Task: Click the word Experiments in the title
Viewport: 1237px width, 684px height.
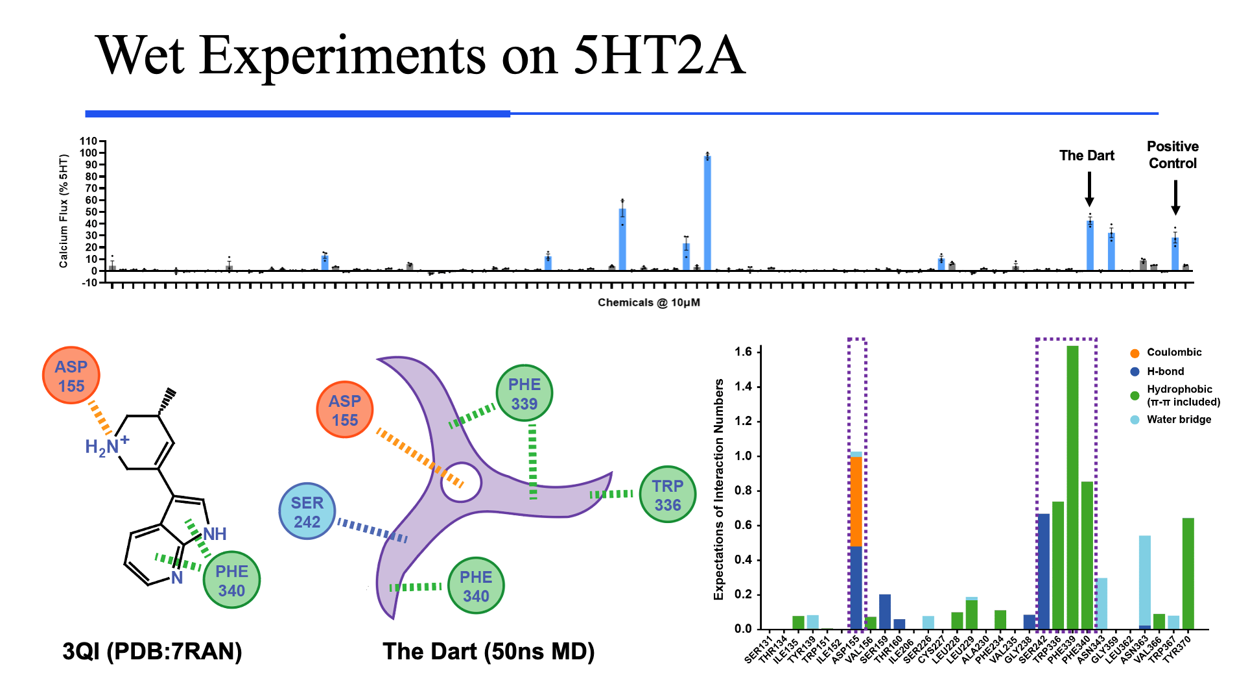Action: point(342,56)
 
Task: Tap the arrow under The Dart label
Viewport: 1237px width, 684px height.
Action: point(1089,189)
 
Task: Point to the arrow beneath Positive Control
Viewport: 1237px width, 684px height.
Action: point(1175,197)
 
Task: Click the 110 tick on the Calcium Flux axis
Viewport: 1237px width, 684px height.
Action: point(88,141)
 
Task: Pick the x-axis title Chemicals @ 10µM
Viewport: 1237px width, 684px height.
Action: point(648,302)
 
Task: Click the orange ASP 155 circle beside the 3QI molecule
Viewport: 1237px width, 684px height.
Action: point(71,376)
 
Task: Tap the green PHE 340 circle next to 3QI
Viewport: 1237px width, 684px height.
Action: point(231,580)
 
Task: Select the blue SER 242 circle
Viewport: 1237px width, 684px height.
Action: point(307,512)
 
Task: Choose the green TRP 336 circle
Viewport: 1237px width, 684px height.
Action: point(667,495)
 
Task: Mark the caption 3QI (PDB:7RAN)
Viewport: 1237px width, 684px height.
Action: point(152,651)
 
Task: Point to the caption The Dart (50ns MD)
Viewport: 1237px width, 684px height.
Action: point(488,651)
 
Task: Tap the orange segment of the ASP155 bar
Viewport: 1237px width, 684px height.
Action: point(856,501)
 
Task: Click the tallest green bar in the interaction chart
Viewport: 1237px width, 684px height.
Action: point(1072,487)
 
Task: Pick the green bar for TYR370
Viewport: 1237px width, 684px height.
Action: point(1188,573)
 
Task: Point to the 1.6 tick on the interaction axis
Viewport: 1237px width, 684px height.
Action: point(743,352)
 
